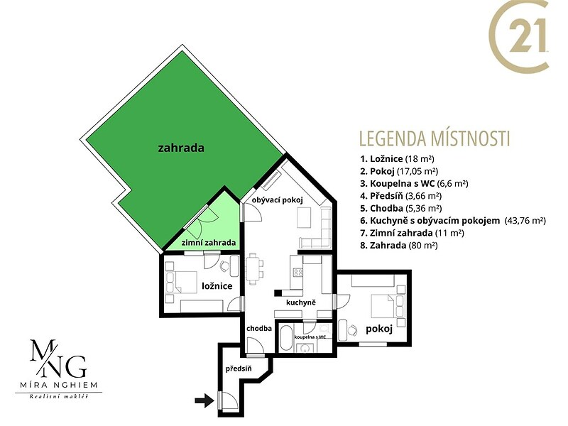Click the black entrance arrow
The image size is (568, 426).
pyautogui.click(x=204, y=400)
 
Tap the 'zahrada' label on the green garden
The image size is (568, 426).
pyautogui.click(x=181, y=148)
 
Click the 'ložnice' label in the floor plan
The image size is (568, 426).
pyautogui.click(x=217, y=286)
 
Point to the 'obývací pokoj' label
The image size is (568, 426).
pyautogui.click(x=278, y=200)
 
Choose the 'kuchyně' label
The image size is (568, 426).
pyautogui.click(x=300, y=302)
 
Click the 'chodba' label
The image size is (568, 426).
pyautogui.click(x=259, y=329)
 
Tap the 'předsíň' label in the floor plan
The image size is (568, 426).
pyautogui.click(x=239, y=369)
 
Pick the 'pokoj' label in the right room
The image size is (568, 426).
pyautogui.click(x=379, y=329)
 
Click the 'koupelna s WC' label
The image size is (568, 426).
pyautogui.click(x=310, y=337)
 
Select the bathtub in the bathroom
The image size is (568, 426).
pyautogui.click(x=286, y=337)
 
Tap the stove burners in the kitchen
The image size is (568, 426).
pyautogui.click(x=298, y=272)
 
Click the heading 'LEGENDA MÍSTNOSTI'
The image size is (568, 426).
pyautogui.click(x=435, y=138)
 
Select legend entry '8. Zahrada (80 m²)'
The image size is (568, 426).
pyautogui.click(x=399, y=245)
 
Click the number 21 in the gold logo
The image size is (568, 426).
pyautogui.click(x=528, y=36)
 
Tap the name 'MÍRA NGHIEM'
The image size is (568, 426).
pyautogui.click(x=58, y=385)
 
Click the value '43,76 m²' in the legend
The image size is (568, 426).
pyautogui.click(x=525, y=221)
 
